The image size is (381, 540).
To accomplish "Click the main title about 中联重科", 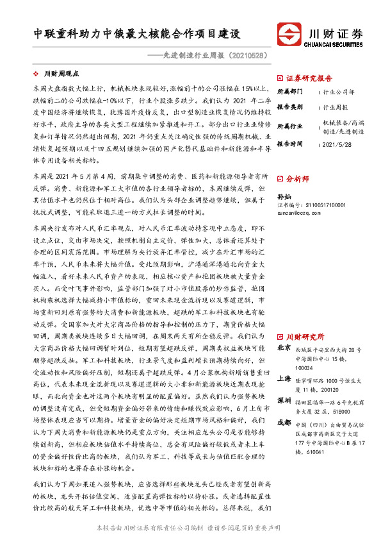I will (137, 33).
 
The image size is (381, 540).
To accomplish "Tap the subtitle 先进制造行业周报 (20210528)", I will (213, 55).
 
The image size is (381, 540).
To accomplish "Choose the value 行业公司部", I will (339, 92).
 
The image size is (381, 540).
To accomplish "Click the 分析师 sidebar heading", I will (297, 179).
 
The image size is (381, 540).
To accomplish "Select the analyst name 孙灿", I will (284, 197).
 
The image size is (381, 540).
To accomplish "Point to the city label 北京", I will (284, 348).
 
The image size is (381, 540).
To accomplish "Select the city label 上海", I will (284, 378).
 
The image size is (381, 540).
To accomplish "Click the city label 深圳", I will (284, 400).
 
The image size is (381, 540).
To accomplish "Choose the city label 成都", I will (284, 423).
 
